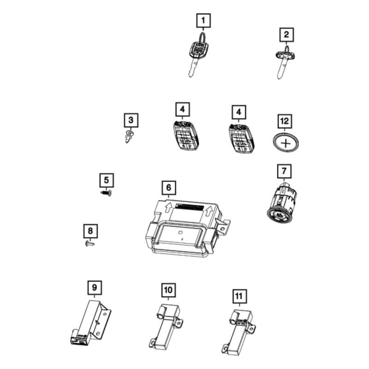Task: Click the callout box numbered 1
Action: (203, 21)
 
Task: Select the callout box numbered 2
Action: (286, 34)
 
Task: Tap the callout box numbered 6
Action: (169, 188)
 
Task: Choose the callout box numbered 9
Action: (94, 288)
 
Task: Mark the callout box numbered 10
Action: (168, 290)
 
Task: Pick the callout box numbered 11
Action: (238, 295)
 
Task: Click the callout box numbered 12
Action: (285, 121)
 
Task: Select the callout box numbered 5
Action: (106, 179)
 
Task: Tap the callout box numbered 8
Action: (90, 230)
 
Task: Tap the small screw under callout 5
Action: (107, 193)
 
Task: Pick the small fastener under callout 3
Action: (130, 136)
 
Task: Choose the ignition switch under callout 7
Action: (281, 203)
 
